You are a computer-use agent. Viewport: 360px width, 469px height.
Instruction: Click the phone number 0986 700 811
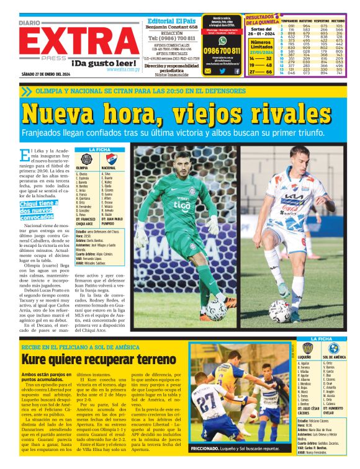coord(222,51)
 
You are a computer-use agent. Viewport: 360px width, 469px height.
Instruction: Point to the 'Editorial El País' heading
coord(172,20)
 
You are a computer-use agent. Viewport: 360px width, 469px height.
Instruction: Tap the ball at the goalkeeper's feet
coord(217,308)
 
